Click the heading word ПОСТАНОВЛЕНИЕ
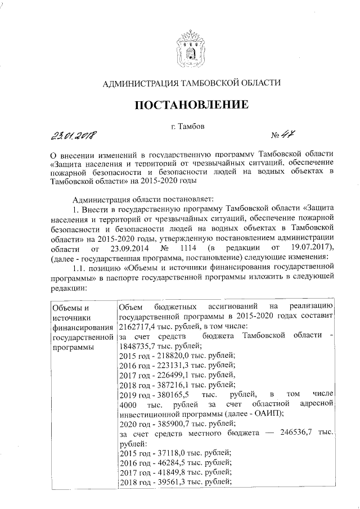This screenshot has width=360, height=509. (190, 105)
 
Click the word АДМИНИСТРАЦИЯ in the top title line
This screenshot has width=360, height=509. (140, 83)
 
